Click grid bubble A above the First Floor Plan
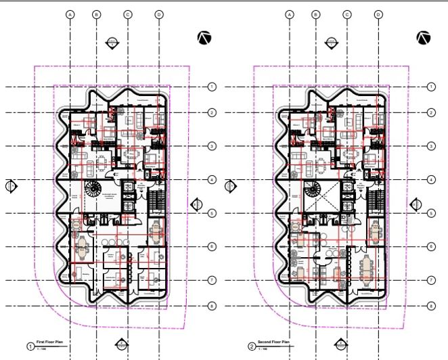coord(70,14)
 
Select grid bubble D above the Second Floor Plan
coord(378,14)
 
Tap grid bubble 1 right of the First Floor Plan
coord(212,87)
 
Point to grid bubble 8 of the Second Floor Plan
coord(431,306)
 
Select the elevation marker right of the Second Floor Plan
coord(416,204)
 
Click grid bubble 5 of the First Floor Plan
coord(212,214)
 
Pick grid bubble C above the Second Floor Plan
coord(346,14)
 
